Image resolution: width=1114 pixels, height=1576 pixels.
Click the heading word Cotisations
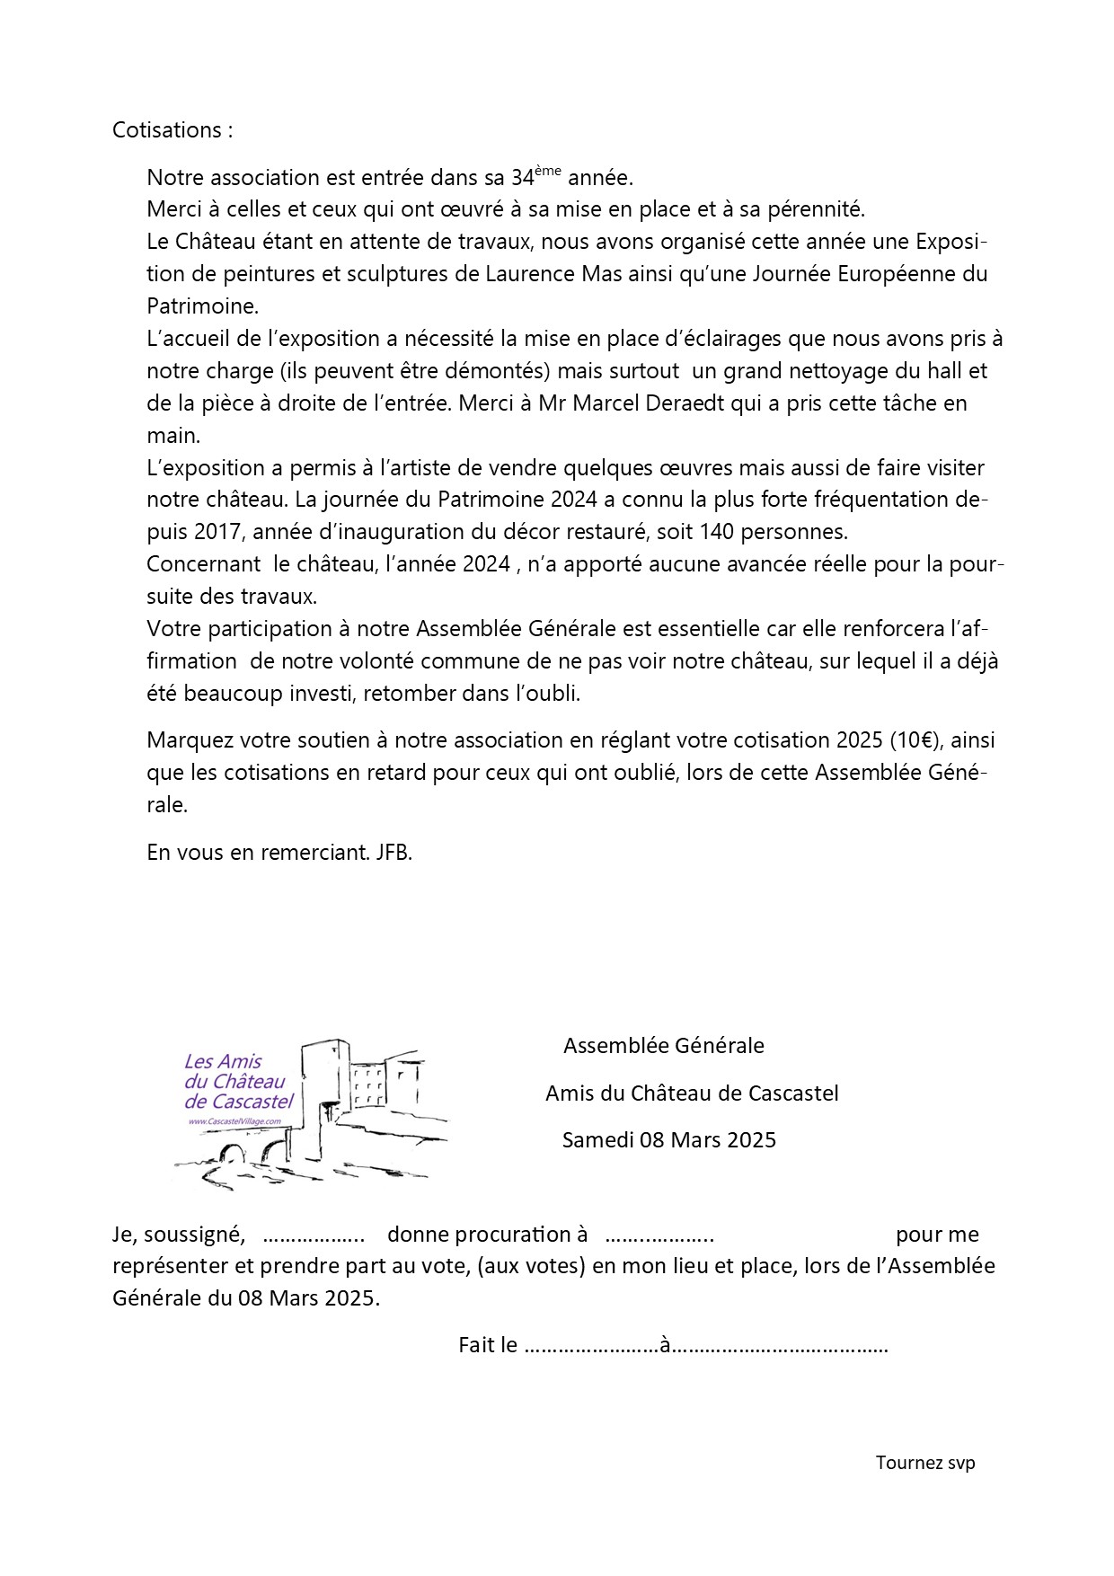(166, 130)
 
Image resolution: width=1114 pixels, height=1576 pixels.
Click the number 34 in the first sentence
(523, 178)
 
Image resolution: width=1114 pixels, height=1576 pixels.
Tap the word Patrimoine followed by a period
(201, 306)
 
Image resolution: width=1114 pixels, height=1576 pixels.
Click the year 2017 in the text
(217, 532)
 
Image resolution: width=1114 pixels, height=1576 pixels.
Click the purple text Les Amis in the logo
(223, 1061)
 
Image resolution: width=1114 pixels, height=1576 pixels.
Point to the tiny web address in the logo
(234, 1122)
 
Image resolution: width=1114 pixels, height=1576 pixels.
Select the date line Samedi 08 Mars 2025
(668, 1140)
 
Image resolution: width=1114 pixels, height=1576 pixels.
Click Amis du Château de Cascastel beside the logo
(692, 1093)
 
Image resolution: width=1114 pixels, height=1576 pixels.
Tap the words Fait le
(488, 1345)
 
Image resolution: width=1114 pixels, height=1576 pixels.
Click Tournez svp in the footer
(925, 1463)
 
